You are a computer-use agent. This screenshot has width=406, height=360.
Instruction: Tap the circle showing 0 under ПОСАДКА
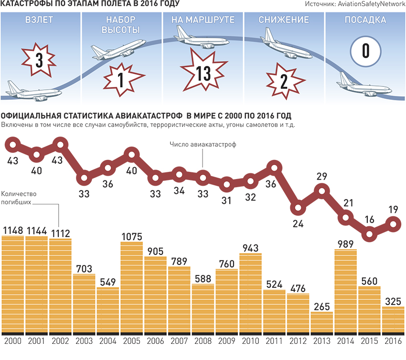pos(365,50)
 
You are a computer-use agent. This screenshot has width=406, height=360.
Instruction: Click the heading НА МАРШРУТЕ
pos(203,21)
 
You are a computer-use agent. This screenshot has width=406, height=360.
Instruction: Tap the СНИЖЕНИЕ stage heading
pos(284,21)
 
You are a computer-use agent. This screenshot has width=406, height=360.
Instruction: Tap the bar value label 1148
pos(12,231)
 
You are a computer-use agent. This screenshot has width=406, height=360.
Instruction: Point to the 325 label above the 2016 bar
pos(393,302)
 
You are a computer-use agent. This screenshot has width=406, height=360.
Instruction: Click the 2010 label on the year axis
pos(250,342)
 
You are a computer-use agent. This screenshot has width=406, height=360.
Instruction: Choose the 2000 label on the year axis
pos(12,342)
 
